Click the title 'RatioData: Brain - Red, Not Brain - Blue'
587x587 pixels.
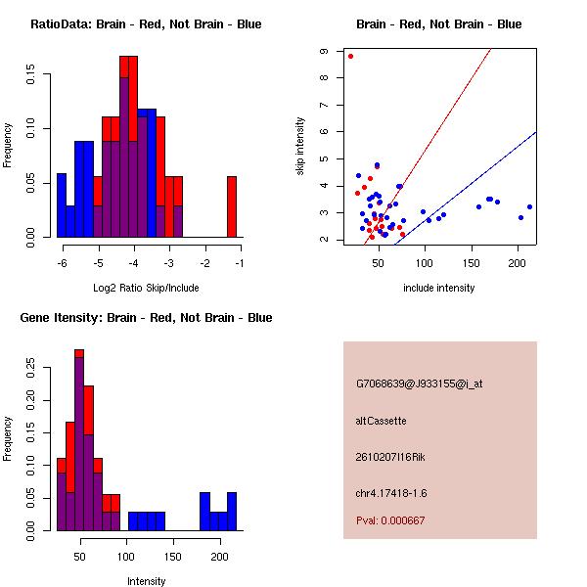[x=146, y=24]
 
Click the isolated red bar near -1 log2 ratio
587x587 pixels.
[x=232, y=206]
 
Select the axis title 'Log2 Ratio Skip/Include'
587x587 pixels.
[x=146, y=288]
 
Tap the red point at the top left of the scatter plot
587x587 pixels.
[x=350, y=57]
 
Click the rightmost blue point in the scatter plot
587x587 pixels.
[x=529, y=206]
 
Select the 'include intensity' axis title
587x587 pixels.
[x=439, y=288]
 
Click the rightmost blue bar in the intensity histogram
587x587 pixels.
[x=232, y=511]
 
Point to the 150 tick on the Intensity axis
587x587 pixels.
[x=173, y=540]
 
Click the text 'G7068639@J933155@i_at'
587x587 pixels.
[x=419, y=384]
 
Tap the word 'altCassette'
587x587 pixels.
[x=382, y=421]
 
